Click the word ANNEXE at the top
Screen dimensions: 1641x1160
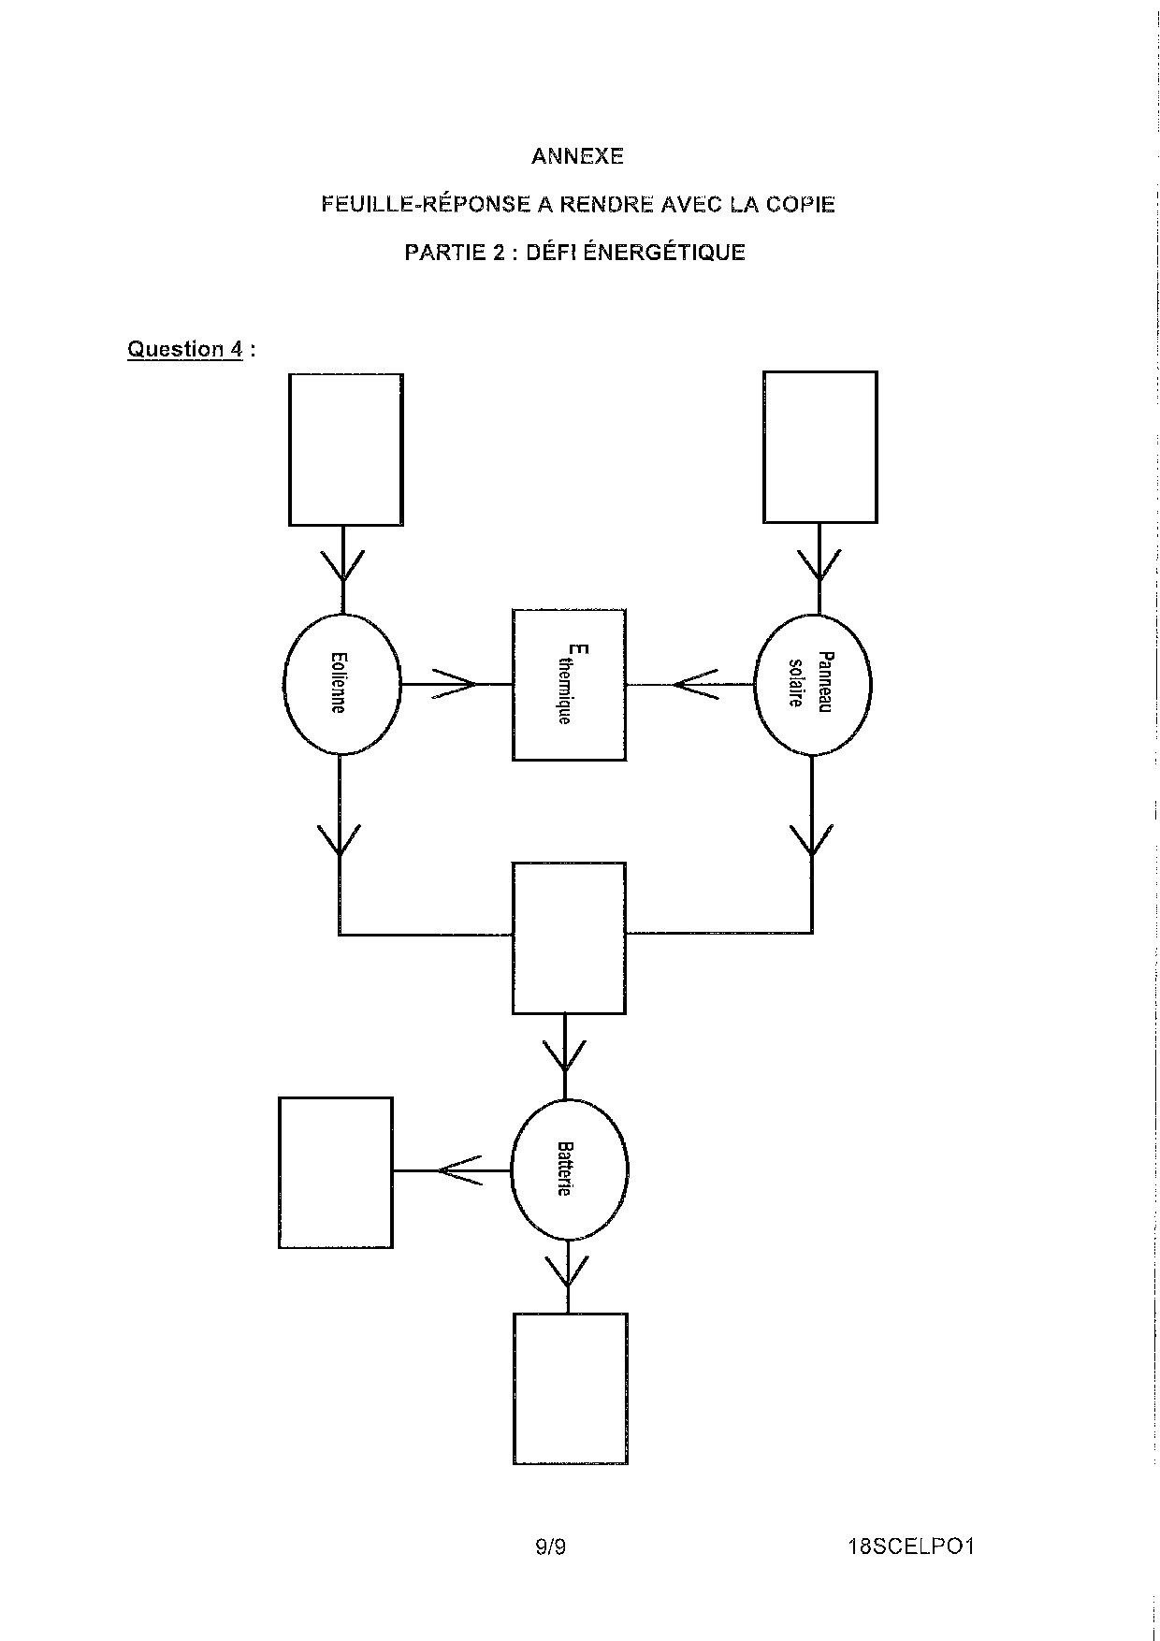tap(577, 156)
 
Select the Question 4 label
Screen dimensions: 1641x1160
tap(185, 349)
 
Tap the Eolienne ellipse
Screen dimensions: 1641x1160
tap(341, 685)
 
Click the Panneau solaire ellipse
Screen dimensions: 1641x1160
tap(812, 685)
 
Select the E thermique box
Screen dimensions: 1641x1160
tap(569, 685)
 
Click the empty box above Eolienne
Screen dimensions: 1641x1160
tap(346, 449)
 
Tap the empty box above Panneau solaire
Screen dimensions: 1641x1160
tap(819, 446)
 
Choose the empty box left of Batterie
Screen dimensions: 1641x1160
tap(336, 1172)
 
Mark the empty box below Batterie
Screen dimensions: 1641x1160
tap(570, 1388)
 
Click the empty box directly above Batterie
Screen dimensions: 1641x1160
tap(569, 938)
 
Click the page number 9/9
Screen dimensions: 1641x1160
tap(551, 1547)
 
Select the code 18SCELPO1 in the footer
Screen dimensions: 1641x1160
tap(911, 1547)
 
